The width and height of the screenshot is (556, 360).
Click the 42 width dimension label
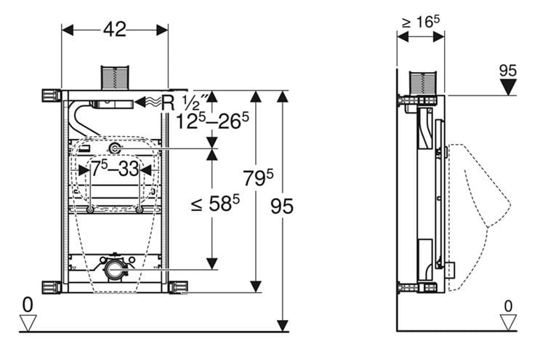(x=115, y=29)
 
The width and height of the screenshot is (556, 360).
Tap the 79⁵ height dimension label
(x=258, y=177)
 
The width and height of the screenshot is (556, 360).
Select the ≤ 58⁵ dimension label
(x=215, y=204)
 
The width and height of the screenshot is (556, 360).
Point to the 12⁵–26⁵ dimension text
(x=212, y=121)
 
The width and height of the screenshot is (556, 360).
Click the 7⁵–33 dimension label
(x=115, y=168)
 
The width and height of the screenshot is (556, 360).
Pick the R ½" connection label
(x=184, y=103)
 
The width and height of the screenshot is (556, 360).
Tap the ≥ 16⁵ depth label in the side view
(x=421, y=22)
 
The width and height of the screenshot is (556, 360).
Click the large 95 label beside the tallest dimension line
(x=282, y=206)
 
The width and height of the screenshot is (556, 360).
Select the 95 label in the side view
(x=508, y=71)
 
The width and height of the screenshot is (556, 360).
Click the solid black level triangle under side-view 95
(x=508, y=87)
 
